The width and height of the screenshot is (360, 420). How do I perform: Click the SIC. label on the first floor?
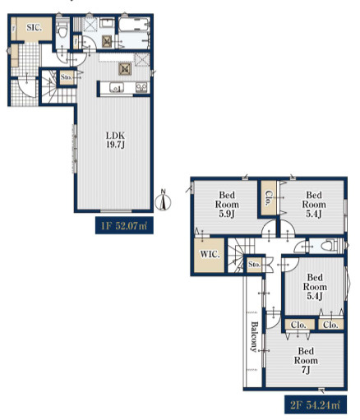pos(34,27)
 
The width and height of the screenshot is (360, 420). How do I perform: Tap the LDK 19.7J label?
pos(115,140)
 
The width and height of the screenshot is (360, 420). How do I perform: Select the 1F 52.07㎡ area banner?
pos(124,226)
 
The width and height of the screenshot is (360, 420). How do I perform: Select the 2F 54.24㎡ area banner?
pos(316,404)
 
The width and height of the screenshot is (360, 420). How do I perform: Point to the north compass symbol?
pos(163,201)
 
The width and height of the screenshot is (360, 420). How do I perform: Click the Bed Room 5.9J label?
pos(227,205)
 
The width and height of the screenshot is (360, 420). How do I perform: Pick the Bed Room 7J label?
pos(306,360)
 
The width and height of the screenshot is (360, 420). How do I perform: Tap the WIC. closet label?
pos(210,255)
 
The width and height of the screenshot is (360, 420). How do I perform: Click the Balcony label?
pos(254,336)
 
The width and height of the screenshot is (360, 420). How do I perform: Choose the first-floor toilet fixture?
pos(62,30)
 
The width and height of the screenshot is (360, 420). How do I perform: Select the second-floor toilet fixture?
pos(329,246)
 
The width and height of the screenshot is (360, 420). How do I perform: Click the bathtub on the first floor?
pos(134,25)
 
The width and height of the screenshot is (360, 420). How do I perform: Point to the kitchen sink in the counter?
pos(117,88)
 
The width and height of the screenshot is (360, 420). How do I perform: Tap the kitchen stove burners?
pos(141,88)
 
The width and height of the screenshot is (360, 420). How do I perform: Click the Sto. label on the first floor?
pos(67,77)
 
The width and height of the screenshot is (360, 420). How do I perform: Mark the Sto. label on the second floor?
pos(254,265)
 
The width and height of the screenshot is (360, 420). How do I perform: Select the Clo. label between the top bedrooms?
pos(267,198)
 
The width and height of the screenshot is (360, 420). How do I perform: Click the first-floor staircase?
pos(58,87)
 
